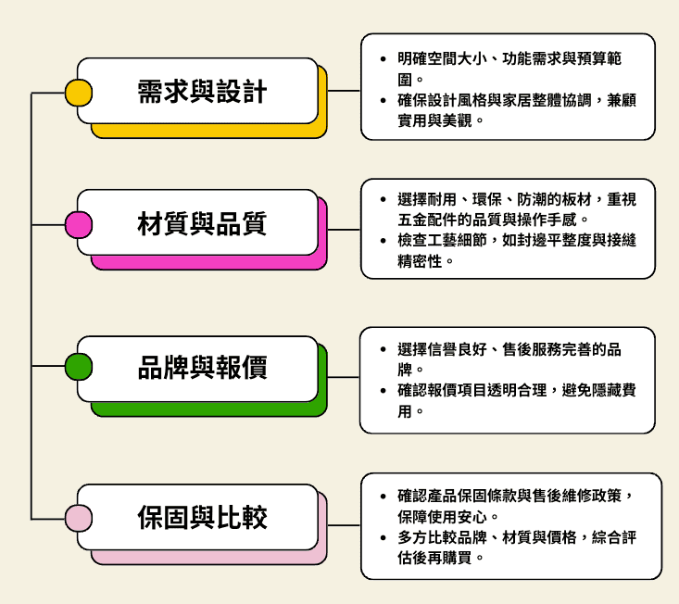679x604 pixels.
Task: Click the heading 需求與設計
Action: [x=202, y=92]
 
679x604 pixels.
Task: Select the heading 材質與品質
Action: [x=202, y=223]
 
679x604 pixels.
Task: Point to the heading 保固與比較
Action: [x=202, y=517]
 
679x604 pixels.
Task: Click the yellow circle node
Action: [x=78, y=93]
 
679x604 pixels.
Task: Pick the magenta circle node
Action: [x=78, y=225]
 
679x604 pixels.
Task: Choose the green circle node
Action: [x=78, y=368]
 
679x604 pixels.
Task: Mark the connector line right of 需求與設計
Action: [x=345, y=92]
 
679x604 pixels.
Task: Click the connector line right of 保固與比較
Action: [x=345, y=524]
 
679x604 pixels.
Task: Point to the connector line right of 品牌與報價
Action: [x=344, y=378]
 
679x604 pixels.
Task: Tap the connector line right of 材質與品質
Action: [x=345, y=229]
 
